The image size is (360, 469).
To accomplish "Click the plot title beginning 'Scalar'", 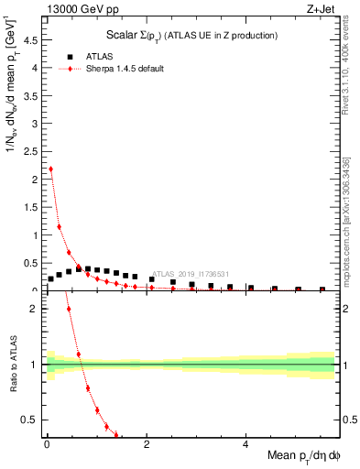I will click(189, 36).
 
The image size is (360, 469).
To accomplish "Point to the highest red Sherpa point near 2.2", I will click(50, 169).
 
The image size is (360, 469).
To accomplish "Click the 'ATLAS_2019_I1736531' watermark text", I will click(190, 273).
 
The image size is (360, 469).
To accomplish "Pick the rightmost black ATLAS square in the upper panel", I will click(322, 289).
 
